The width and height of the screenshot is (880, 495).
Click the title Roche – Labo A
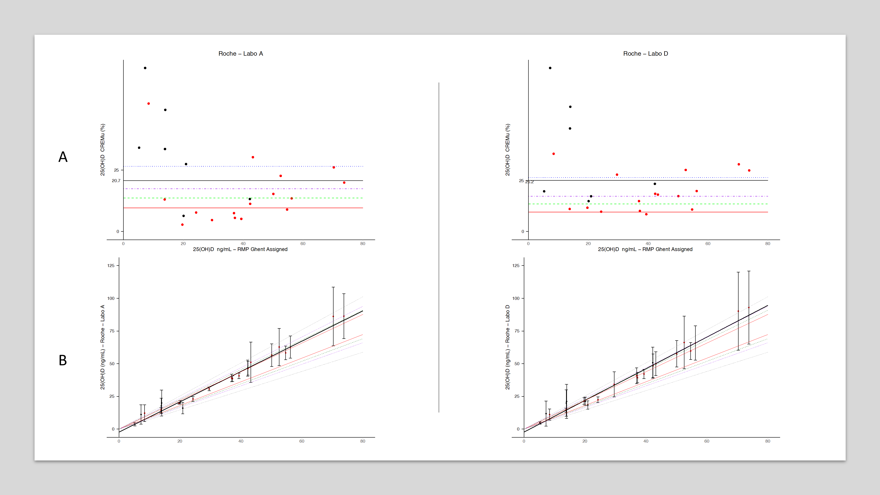240,54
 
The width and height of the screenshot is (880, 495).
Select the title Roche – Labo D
645,54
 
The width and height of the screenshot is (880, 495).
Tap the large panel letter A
63,157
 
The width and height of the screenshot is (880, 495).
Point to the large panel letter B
63,360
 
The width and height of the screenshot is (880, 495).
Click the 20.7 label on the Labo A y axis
116,181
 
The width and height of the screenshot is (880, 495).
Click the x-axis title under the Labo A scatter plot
240,249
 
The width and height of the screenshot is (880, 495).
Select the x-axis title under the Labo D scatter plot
645,249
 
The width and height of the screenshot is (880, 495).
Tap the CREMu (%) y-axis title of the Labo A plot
103,150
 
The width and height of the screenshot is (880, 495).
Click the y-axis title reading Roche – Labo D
507,347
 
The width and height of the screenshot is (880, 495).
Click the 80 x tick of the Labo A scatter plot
363,244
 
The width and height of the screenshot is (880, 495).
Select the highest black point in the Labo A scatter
145,68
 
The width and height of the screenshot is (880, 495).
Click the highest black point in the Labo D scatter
550,68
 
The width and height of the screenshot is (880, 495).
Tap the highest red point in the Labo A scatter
148,103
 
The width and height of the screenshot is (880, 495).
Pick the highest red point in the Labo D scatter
554,154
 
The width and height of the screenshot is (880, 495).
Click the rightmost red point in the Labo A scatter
344,183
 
